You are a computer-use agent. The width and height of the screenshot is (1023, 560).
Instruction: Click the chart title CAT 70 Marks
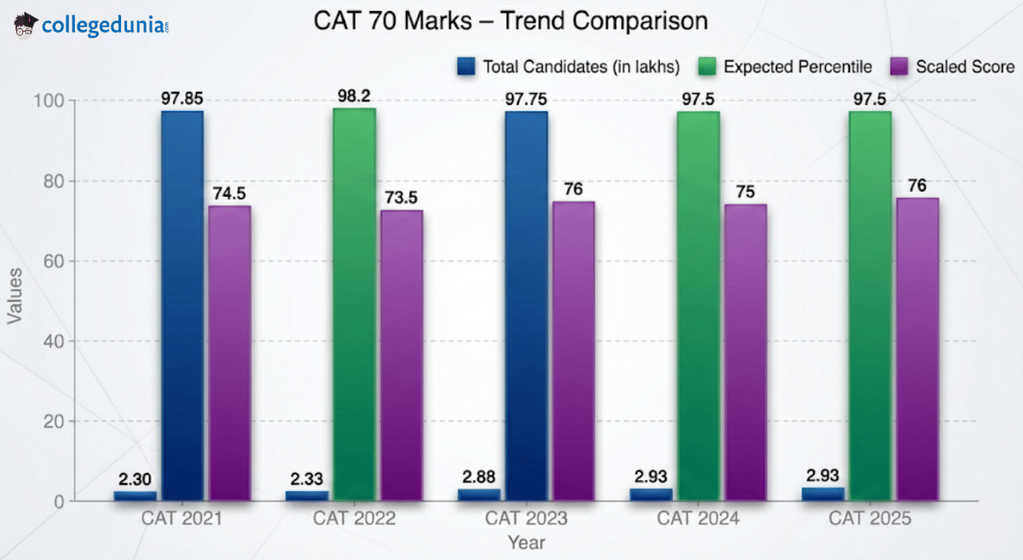511,20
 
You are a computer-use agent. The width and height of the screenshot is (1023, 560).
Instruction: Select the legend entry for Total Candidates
569,66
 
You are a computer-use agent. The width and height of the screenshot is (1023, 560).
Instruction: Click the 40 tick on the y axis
54,341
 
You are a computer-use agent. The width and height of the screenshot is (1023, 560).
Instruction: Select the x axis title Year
526,542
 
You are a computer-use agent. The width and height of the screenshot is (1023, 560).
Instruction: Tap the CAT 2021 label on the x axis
182,518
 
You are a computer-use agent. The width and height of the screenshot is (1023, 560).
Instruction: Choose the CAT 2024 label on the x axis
698,518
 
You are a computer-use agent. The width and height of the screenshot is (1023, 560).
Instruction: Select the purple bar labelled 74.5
229,353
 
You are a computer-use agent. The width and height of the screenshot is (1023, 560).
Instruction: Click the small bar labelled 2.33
306,495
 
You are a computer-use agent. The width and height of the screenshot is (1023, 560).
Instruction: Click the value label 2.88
478,476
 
